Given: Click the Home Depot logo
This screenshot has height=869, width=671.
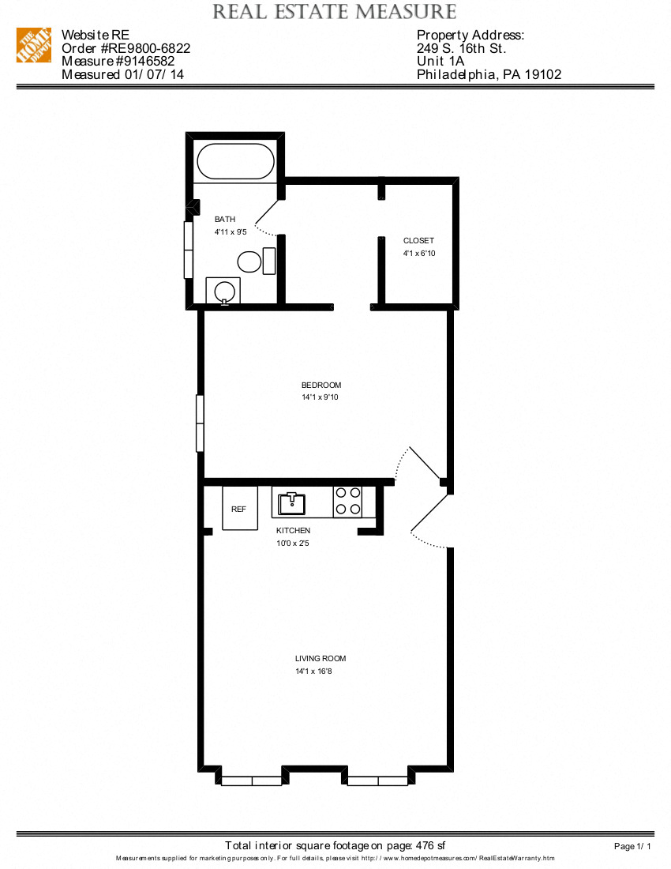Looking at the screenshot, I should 34,46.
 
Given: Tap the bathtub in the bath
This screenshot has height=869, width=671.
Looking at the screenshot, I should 235,161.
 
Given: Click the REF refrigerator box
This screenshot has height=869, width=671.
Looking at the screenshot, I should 239,509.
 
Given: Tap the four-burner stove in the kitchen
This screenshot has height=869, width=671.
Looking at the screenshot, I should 348,501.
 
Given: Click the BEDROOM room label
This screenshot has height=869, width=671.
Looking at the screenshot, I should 321,385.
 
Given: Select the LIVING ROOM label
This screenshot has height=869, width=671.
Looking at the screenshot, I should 321,658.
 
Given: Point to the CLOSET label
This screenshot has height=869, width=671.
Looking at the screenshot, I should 418,241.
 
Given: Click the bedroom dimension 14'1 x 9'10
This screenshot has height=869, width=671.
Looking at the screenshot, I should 321,397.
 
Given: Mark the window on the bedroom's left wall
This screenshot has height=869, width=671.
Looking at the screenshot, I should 200,423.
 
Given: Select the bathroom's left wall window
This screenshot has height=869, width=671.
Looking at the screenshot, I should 189,250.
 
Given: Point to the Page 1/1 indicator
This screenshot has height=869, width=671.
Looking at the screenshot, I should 633,846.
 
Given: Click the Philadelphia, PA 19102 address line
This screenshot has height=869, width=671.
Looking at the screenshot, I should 489,75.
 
